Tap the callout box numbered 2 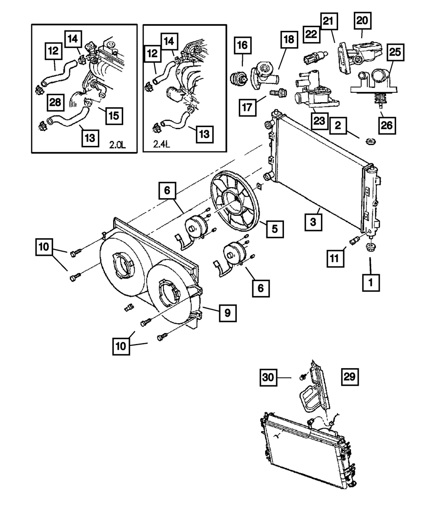(338, 125)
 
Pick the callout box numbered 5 (274, 229)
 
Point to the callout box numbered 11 (335, 258)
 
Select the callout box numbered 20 (362, 20)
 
